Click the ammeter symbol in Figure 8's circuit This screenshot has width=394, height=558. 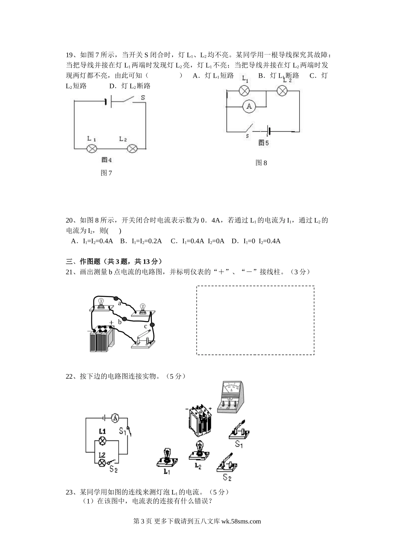click(249, 106)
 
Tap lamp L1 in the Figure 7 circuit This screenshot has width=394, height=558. click(91, 148)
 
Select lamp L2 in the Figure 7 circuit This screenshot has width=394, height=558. click(132, 148)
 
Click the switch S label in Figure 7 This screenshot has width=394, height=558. click(142, 98)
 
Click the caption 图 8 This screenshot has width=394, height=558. click(261, 163)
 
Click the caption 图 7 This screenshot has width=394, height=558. click(106, 173)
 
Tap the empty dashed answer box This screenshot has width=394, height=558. click(255, 320)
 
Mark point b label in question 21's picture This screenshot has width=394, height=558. click(119, 322)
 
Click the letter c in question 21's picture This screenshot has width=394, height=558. click(145, 327)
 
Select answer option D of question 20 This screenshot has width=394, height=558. click(256, 241)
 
